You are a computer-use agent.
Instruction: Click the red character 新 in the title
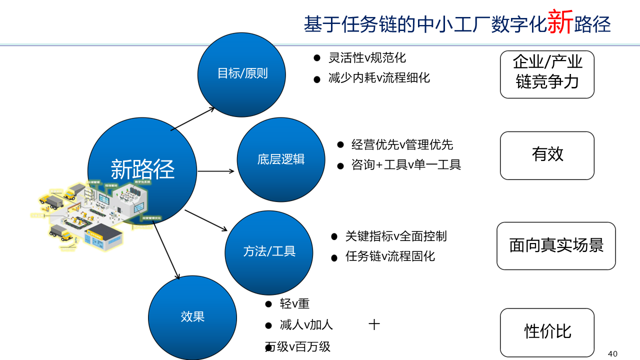pos(560,23)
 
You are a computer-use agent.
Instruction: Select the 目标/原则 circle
pos(242,74)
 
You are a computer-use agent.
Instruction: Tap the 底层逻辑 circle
pos(280,159)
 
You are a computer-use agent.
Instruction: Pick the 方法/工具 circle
pos(269,251)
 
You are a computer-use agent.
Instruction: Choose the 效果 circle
pos(192,317)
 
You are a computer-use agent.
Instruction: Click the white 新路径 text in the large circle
pos(142,169)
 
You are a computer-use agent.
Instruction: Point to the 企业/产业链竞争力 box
pos(547,74)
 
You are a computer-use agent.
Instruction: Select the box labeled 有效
pos(547,155)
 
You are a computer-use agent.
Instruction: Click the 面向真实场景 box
pos(556,245)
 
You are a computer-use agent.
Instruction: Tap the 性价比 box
pos(547,332)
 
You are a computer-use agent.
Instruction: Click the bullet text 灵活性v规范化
pos(367,58)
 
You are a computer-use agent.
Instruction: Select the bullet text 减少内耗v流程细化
pos(379,78)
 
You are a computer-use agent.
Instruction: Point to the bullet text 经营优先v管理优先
pos(402,145)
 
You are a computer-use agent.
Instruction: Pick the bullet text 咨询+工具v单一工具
pos(406,165)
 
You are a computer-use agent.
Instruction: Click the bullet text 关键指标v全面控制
pos(396,236)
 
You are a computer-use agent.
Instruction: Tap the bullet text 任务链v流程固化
pos(390,256)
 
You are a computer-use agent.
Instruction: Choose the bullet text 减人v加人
pos(306,325)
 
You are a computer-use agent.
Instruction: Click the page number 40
pos(612,354)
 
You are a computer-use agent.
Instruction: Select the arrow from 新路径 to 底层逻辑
pos(216,171)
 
